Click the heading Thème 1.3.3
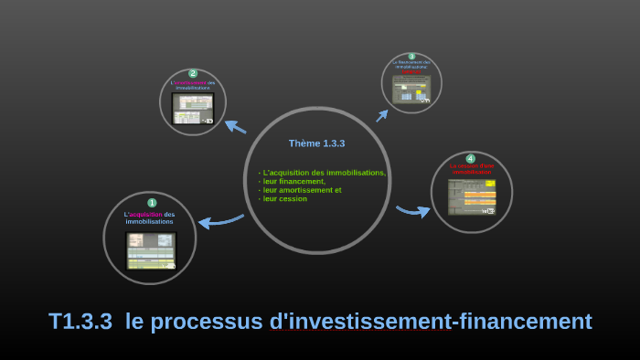pyautogui.click(x=316, y=143)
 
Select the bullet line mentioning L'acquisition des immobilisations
pyautogui.click(x=322, y=173)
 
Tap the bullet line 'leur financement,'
pyautogui.click(x=292, y=181)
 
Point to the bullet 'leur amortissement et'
pyautogui.click(x=300, y=190)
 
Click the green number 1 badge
pyautogui.click(x=152, y=203)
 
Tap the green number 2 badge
pyautogui.click(x=193, y=73)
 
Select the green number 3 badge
pyautogui.click(x=411, y=57)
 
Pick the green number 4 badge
pyautogui.click(x=471, y=158)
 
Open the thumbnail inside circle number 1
pyautogui.click(x=151, y=251)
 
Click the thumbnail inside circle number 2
pyautogui.click(x=193, y=108)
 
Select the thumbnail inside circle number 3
pyautogui.click(x=411, y=89)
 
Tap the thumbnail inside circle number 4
pyautogui.click(x=472, y=196)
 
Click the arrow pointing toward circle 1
pyautogui.click(x=219, y=221)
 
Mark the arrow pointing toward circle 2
pyautogui.click(x=235, y=127)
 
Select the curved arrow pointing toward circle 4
pyautogui.click(x=412, y=211)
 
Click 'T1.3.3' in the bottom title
pyautogui.click(x=80, y=322)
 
